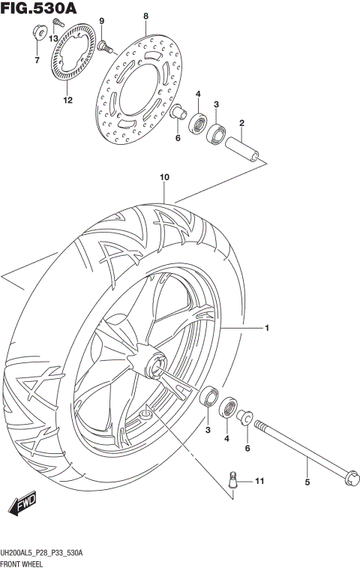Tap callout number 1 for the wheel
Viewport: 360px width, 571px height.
coord(265,328)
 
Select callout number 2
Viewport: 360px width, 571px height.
coord(241,123)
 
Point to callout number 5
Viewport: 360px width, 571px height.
coord(306,482)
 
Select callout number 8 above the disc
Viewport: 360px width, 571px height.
coord(146,16)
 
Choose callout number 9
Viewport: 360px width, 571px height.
coord(102,20)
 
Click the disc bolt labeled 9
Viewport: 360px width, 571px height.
coord(105,47)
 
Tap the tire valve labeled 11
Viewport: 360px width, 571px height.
coord(234,477)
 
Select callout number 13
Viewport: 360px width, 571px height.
coord(53,38)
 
